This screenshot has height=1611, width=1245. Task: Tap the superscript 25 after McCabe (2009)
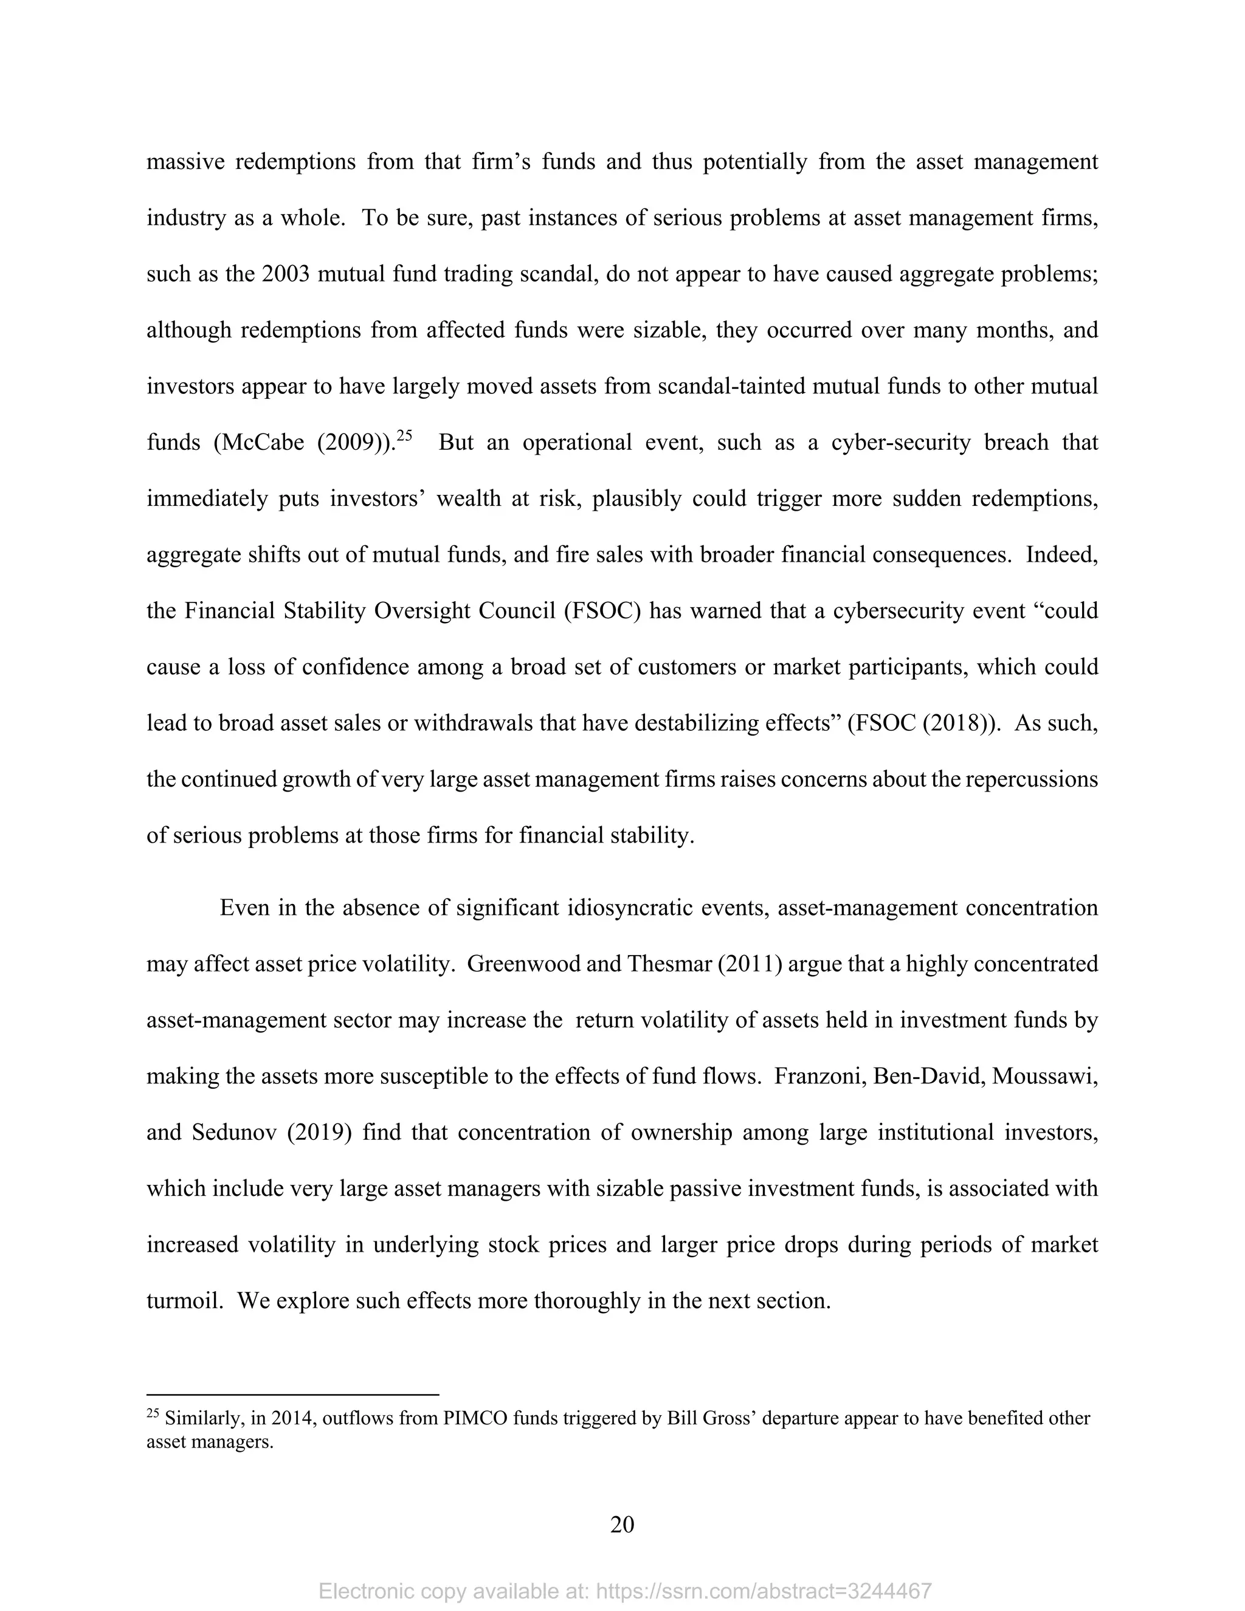tap(404, 435)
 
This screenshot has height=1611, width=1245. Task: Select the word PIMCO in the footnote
tap(475, 1418)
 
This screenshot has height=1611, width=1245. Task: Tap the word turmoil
tap(184, 1300)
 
